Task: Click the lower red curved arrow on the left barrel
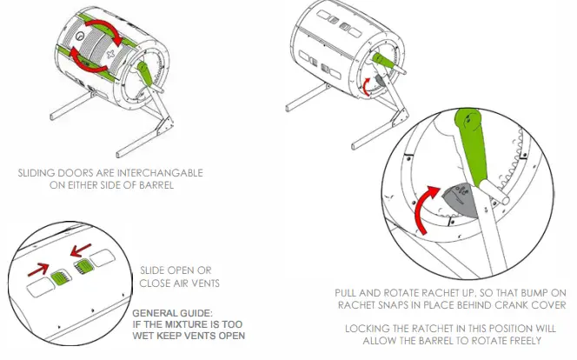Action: point(87,62)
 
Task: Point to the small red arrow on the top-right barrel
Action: point(366,83)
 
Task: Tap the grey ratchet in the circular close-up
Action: point(455,199)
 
